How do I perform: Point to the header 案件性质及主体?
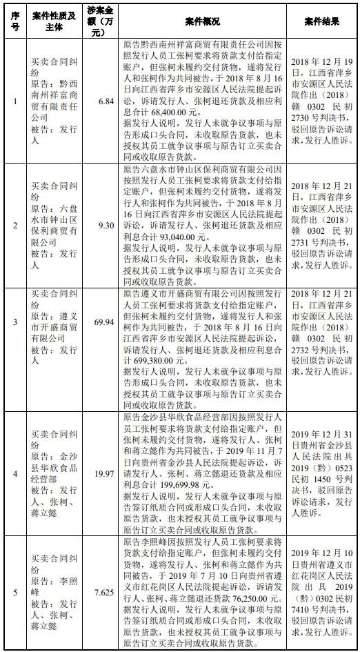point(54,21)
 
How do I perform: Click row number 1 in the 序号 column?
point(16,101)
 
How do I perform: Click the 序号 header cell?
point(16,21)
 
